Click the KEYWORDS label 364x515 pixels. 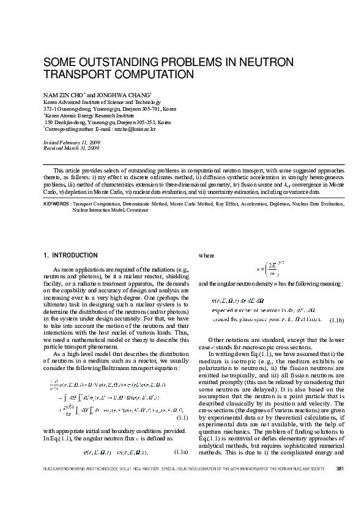pos(56,204)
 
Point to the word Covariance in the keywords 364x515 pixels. pos(137,210)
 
